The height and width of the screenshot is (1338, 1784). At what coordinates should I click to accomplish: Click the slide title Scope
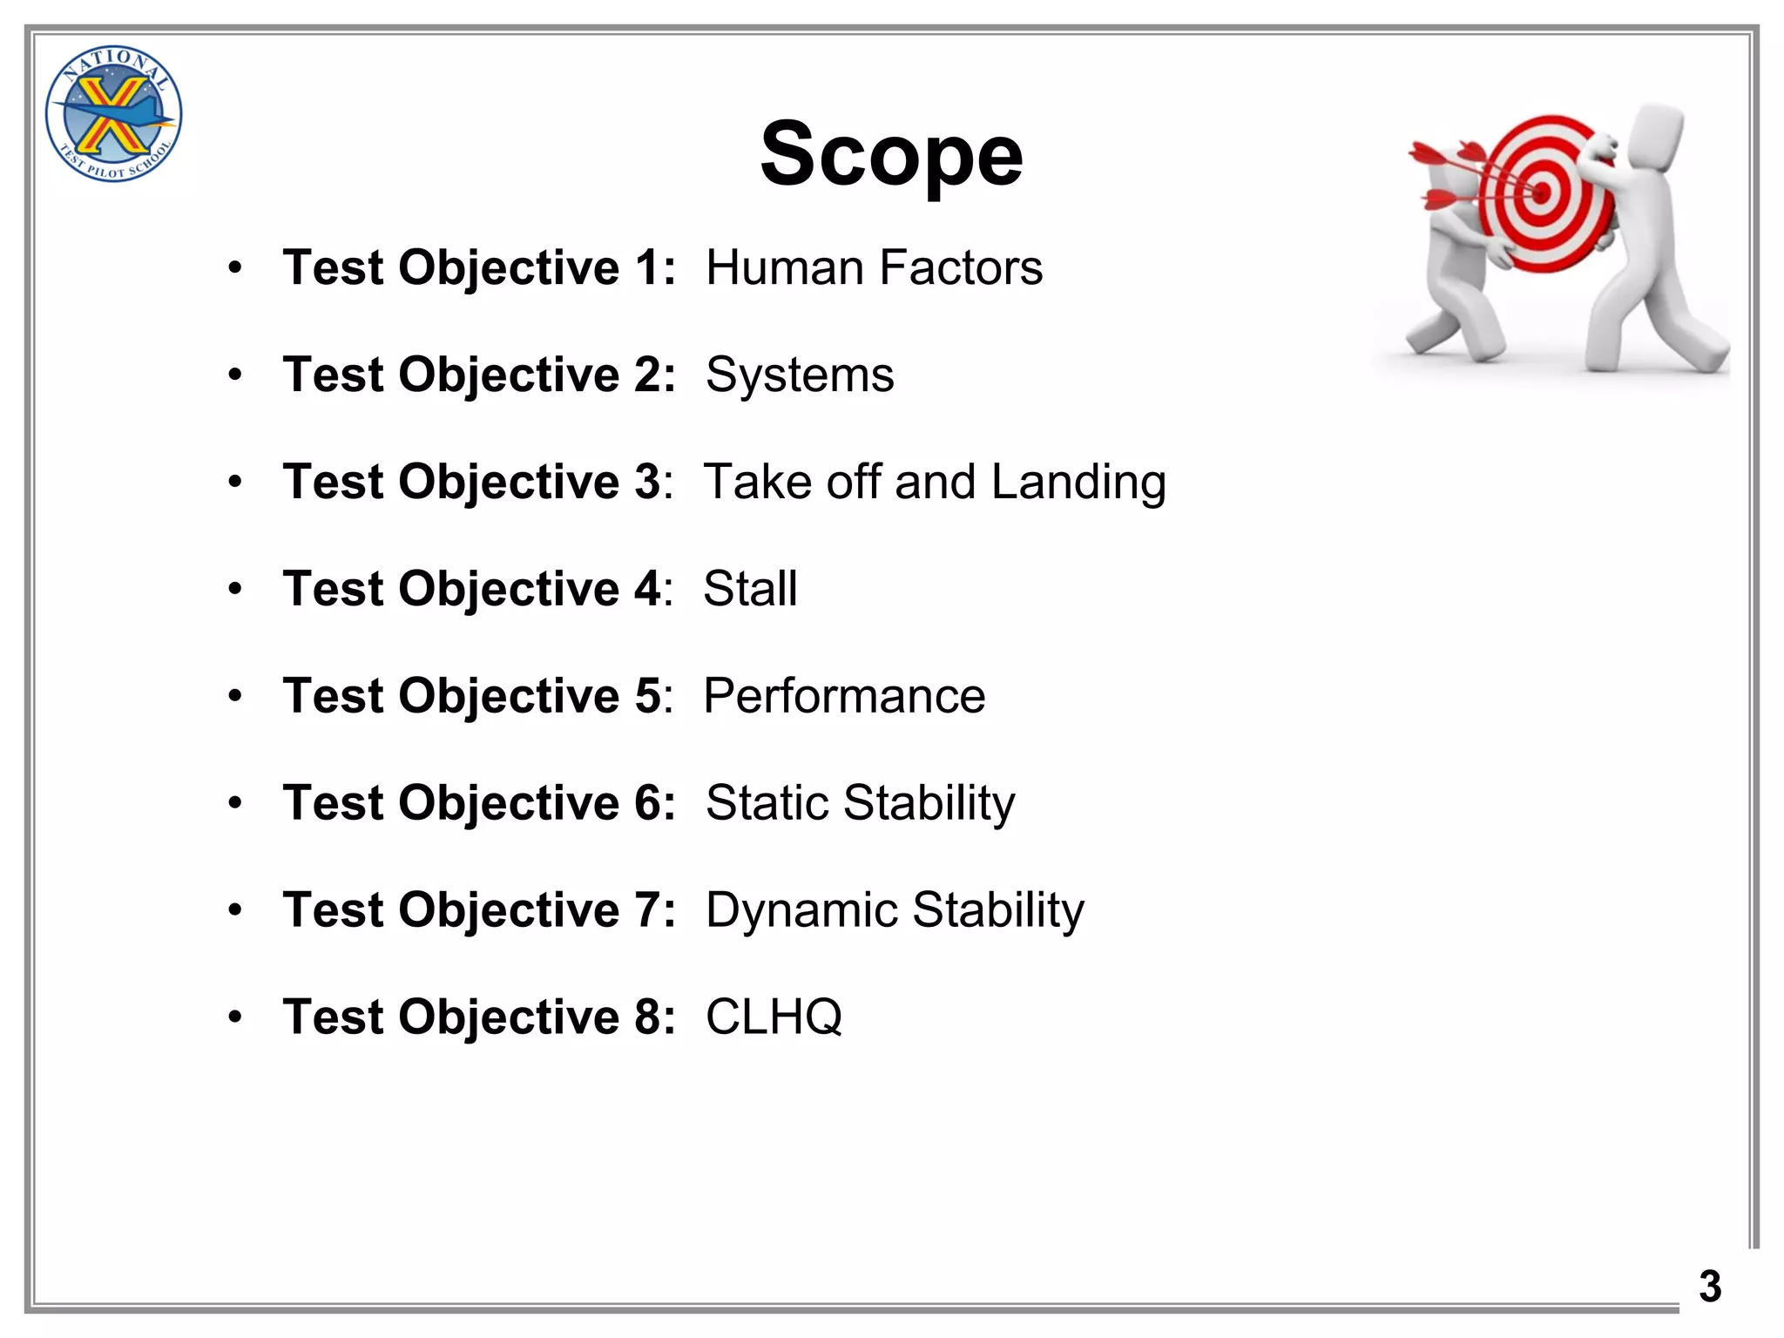[x=891, y=155]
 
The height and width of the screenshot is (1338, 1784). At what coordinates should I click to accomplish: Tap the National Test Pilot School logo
[x=113, y=114]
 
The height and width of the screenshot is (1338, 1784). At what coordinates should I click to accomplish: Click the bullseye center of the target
[x=1540, y=193]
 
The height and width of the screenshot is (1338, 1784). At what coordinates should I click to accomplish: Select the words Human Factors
[x=874, y=267]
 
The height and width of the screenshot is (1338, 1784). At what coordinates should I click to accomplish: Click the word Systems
[x=800, y=375]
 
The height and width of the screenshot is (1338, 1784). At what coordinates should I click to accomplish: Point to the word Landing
[x=1078, y=482]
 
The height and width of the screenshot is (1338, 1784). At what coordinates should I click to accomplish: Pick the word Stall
[x=750, y=589]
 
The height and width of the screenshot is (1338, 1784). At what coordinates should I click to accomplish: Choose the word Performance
[x=844, y=696]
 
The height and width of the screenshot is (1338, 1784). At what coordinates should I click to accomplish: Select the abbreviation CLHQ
[x=774, y=1017]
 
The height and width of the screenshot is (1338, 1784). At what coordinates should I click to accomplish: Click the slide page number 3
[x=1710, y=1287]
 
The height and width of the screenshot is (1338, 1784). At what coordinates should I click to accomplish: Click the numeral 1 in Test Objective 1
[x=648, y=267]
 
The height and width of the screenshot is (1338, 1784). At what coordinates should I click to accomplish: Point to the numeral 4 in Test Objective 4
[x=647, y=589]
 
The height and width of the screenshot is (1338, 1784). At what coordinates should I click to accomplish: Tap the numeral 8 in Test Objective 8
[x=648, y=1017]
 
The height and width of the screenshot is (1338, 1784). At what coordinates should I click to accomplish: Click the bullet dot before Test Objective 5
[x=235, y=697]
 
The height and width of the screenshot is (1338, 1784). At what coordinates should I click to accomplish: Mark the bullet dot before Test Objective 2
[x=235, y=375]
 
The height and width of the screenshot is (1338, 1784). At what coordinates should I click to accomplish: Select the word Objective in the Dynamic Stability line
[x=509, y=910]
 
